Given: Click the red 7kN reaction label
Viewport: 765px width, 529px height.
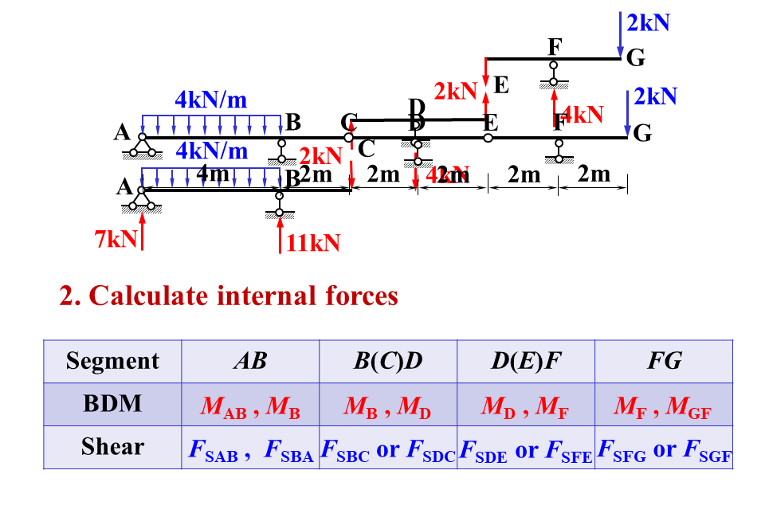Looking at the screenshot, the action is pyautogui.click(x=116, y=237).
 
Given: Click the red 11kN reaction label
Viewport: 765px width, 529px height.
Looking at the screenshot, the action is pyautogui.click(x=313, y=243).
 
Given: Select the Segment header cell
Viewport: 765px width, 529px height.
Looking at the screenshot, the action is pyautogui.click(x=112, y=361).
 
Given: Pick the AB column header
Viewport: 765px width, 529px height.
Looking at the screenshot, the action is pyautogui.click(x=250, y=361).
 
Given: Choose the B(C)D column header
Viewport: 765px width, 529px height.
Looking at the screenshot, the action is pyautogui.click(x=388, y=361).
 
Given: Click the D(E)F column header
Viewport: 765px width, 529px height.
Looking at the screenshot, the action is pyautogui.click(x=526, y=361).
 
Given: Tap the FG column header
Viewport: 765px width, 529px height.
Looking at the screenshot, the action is pyautogui.click(x=664, y=361).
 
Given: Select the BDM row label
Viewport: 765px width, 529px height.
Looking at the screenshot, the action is pyautogui.click(x=112, y=404).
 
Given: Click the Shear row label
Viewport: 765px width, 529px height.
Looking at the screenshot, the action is pyautogui.click(x=112, y=447).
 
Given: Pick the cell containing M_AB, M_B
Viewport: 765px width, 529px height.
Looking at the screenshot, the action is pyautogui.click(x=250, y=406).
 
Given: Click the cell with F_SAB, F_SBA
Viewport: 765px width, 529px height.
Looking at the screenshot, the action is pyautogui.click(x=250, y=449).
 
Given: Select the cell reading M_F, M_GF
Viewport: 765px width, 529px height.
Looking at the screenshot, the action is pyautogui.click(x=664, y=406).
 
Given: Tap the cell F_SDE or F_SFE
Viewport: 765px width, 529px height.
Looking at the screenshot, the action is pyautogui.click(x=526, y=449).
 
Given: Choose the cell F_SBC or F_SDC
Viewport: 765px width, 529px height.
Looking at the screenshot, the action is pyautogui.click(x=388, y=449).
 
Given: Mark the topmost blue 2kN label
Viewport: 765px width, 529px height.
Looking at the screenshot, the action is pyautogui.click(x=648, y=22).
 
